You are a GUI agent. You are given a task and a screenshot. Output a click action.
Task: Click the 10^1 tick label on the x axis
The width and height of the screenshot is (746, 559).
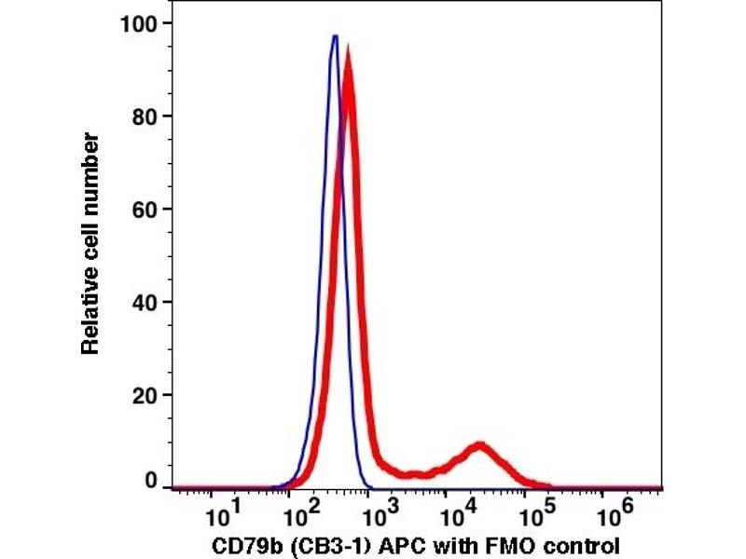coord(221,514)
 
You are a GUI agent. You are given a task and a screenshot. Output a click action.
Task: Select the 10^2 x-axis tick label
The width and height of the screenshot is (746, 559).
coord(299,514)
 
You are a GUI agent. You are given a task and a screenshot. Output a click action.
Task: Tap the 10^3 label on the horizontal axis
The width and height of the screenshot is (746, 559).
coord(378,514)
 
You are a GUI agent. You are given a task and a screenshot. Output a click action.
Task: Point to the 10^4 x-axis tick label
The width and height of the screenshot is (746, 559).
coord(456,514)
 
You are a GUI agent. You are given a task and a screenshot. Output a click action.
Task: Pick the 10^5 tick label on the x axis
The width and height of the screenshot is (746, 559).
coord(534,514)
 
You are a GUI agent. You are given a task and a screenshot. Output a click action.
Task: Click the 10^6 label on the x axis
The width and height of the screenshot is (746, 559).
coord(613,514)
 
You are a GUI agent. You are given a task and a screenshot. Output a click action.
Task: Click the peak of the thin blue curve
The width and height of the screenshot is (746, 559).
coord(335,36)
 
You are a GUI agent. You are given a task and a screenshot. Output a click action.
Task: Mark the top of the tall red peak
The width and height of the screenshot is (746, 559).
coord(348,51)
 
